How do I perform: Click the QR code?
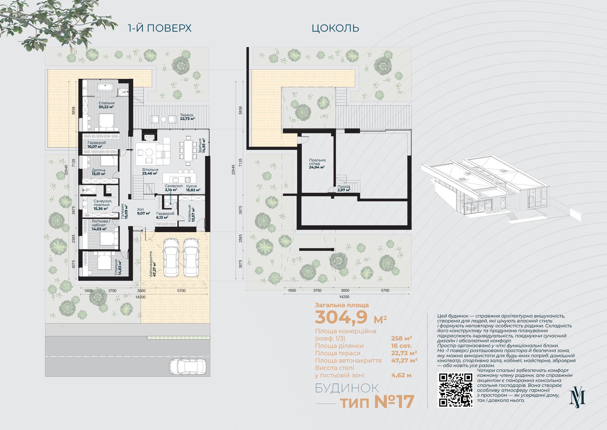[x=455, y=390]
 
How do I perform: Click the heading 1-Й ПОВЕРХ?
[x=160, y=28]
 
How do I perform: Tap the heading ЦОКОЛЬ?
[x=335, y=28]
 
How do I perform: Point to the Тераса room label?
[x=187, y=117]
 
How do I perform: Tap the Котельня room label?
[x=191, y=213]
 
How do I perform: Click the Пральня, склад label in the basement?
[x=317, y=164]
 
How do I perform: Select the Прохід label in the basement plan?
[x=344, y=188]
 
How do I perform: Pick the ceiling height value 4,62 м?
[x=401, y=375]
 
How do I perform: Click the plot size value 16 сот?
[x=401, y=346]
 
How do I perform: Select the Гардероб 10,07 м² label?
[x=96, y=145]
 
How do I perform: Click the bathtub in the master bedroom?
[x=105, y=87]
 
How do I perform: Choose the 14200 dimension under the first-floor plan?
[x=140, y=297]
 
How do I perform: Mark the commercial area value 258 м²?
[x=402, y=338]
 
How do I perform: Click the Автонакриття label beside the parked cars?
[x=153, y=264]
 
